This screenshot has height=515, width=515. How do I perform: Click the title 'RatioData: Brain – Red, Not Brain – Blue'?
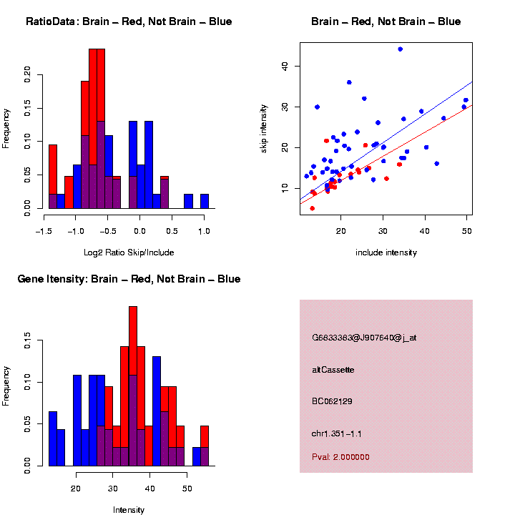tap(129, 21)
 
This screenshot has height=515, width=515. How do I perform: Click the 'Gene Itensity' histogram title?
tap(129, 279)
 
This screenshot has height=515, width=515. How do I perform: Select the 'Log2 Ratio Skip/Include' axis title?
tap(129, 252)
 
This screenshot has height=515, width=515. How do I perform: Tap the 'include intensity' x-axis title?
tap(386, 252)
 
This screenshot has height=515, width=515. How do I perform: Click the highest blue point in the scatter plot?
tap(400, 49)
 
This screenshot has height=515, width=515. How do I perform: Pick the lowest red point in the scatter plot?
tap(312, 208)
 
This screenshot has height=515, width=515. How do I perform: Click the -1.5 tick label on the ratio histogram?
tap(44, 232)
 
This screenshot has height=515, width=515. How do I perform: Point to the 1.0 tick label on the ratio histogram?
tap(204, 232)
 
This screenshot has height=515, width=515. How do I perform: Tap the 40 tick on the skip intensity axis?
tap(285, 67)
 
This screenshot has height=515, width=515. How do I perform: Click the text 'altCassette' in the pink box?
tap(333, 370)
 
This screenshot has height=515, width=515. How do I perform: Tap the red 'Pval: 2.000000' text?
tap(340, 457)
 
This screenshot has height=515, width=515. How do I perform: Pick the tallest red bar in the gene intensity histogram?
tap(133, 386)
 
